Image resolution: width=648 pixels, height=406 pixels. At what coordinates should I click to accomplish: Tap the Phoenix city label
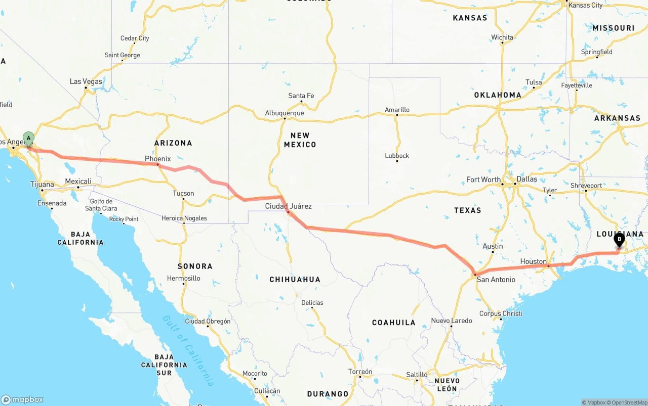pyautogui.click(x=158, y=159)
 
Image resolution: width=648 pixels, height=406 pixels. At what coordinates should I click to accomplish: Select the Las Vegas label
pyautogui.click(x=86, y=81)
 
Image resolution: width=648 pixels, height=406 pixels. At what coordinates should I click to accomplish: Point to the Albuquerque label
pyautogui.click(x=285, y=113)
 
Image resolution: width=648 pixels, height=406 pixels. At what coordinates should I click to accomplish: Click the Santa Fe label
pyautogui.click(x=301, y=96)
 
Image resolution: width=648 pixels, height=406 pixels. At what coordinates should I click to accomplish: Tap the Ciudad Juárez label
pyautogui.click(x=289, y=206)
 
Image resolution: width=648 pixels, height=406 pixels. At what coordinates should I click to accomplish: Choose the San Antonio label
pyautogui.click(x=496, y=280)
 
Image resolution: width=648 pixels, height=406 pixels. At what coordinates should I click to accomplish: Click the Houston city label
pyautogui.click(x=534, y=261)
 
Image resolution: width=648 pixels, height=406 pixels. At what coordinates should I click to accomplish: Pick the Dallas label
pyautogui.click(x=527, y=179)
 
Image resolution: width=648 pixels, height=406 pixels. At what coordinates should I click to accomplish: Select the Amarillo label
pyautogui.click(x=397, y=110)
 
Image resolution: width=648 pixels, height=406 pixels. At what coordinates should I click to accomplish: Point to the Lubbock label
pyautogui.click(x=397, y=156)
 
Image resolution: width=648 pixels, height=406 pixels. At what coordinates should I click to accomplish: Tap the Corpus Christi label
pyautogui.click(x=501, y=313)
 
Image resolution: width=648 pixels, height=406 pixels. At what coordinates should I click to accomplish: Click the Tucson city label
pyautogui.click(x=183, y=193)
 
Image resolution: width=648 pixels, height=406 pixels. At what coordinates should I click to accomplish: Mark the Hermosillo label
pyautogui.click(x=184, y=278)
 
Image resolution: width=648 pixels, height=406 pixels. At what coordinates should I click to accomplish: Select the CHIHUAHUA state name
pyautogui.click(x=295, y=280)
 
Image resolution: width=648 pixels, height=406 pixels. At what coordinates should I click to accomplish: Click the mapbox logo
pyautogui.click(x=22, y=399)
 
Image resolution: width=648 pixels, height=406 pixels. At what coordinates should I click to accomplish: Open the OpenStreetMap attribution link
pyautogui.click(x=627, y=402)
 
